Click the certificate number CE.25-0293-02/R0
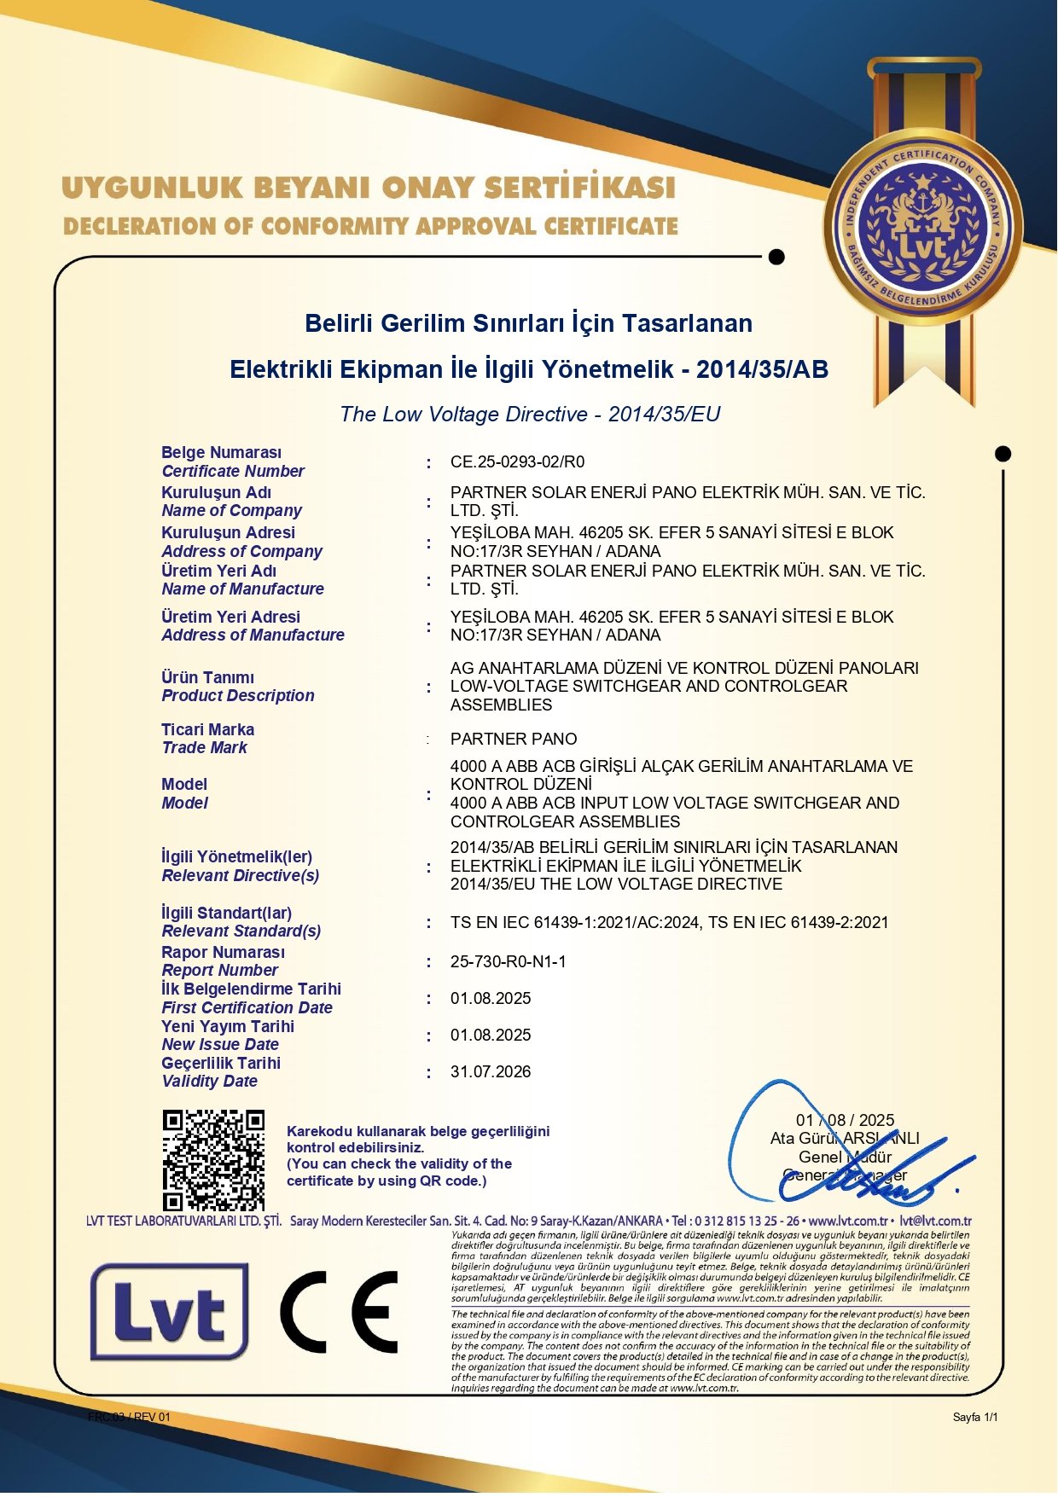(x=517, y=462)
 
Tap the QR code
(x=213, y=1159)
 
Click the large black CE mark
(x=340, y=1312)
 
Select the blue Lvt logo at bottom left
(x=169, y=1312)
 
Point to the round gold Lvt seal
(x=922, y=227)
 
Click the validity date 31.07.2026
(x=491, y=1072)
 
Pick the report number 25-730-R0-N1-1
(x=509, y=962)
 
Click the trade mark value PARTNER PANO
(x=514, y=740)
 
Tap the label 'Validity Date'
(x=210, y=1082)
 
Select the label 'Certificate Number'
(x=233, y=472)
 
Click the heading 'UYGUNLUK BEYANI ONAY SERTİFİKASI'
(x=369, y=188)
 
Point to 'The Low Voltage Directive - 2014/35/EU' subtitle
(x=530, y=415)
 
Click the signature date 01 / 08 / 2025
(x=845, y=1120)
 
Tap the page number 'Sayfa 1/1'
(x=975, y=1417)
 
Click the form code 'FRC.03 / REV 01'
(x=129, y=1417)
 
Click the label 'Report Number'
(x=220, y=971)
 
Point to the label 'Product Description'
(x=238, y=696)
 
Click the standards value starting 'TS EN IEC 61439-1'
(x=669, y=923)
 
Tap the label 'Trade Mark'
(x=205, y=748)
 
